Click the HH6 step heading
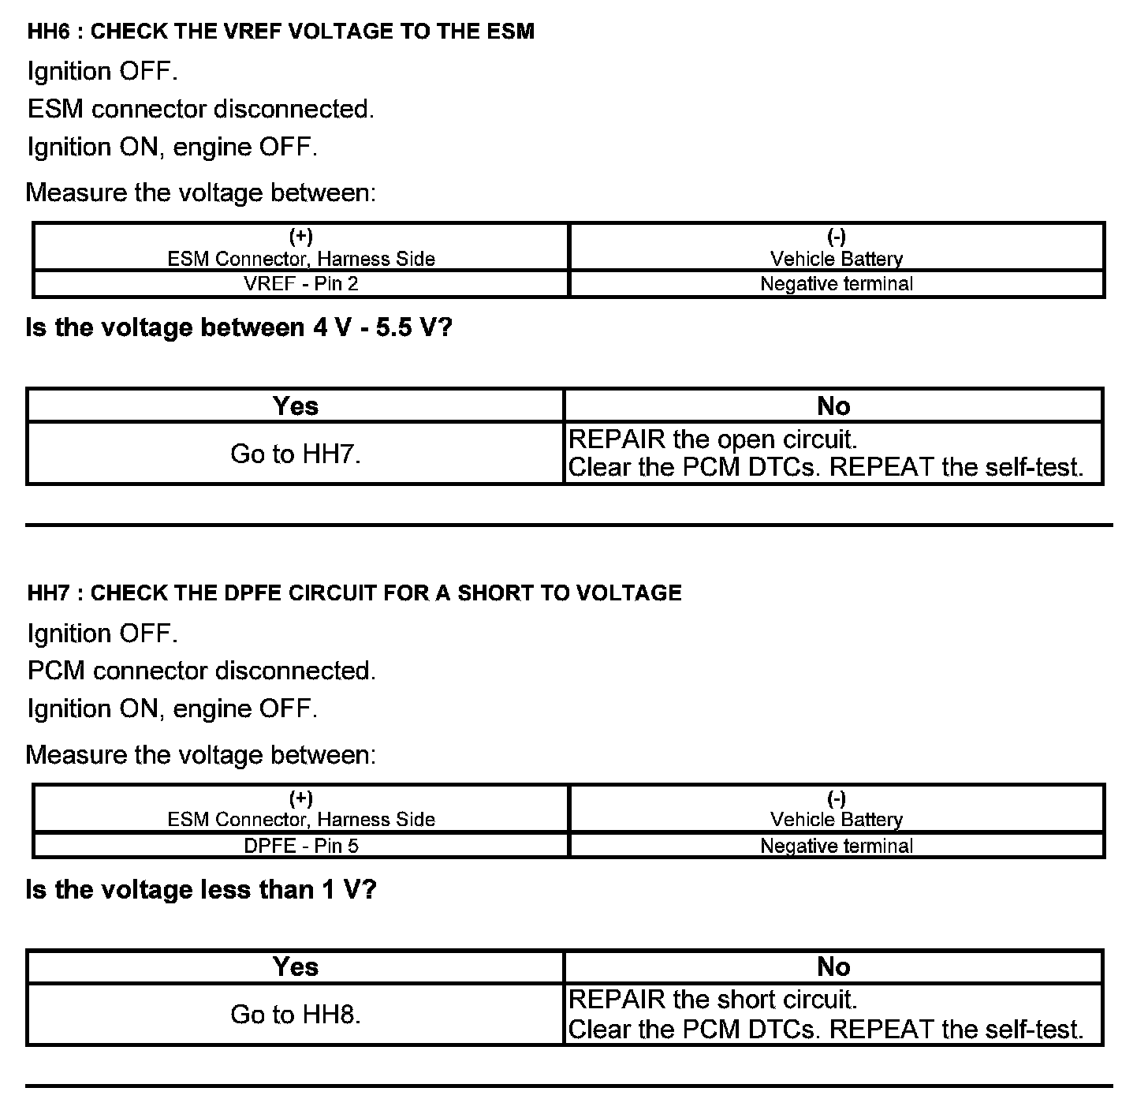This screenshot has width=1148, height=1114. click(281, 32)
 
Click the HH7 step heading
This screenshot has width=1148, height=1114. click(354, 593)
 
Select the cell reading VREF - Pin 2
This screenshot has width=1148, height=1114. click(301, 284)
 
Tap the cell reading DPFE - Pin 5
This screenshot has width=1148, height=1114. click(301, 846)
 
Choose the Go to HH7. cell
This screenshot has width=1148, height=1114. click(296, 454)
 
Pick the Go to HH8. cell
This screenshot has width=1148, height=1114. click(296, 1015)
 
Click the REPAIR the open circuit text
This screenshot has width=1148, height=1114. click(713, 439)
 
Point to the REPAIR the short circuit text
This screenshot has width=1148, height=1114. click(713, 1000)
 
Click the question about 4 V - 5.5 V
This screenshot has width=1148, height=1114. click(239, 327)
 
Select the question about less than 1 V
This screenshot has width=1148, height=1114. click(201, 890)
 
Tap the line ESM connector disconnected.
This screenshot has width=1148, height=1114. click(201, 109)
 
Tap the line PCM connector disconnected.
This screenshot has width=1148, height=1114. click(202, 671)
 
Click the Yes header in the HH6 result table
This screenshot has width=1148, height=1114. click(296, 406)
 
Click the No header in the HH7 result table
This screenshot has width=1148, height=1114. click(833, 966)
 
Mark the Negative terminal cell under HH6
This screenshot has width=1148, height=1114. click(837, 284)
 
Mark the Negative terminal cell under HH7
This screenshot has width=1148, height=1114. click(837, 846)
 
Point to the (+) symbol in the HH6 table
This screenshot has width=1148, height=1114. click(301, 236)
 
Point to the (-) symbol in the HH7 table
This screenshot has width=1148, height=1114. click(837, 798)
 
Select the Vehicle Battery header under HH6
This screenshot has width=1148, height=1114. click(837, 259)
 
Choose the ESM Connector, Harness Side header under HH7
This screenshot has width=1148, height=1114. click(301, 820)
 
